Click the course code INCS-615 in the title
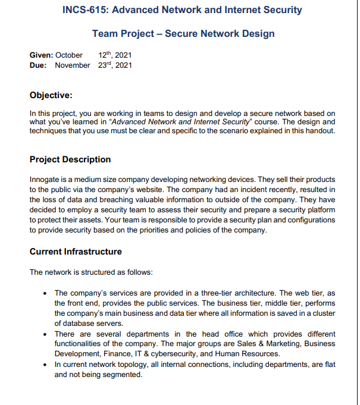(x=85, y=10)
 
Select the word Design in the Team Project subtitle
(x=258, y=33)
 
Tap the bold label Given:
(x=42, y=55)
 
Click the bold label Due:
(x=39, y=65)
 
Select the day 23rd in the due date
(x=105, y=65)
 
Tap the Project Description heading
(x=70, y=159)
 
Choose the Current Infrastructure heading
(x=76, y=252)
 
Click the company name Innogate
(x=45, y=180)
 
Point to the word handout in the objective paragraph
(x=321, y=131)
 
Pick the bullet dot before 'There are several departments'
(x=46, y=334)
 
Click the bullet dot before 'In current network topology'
(x=46, y=364)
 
